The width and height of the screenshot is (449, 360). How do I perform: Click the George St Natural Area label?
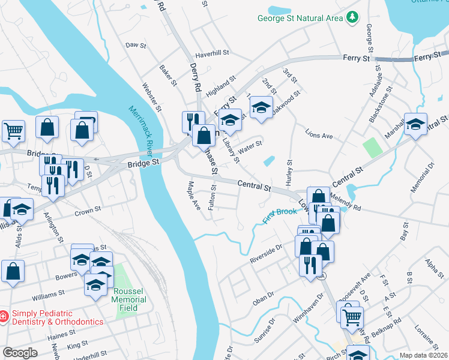tap(300, 18)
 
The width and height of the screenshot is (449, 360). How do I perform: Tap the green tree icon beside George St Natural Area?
tap(352, 18)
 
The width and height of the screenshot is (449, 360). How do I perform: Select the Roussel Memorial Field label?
tap(129, 299)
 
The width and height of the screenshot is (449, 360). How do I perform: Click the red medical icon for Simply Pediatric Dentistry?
tap(4, 315)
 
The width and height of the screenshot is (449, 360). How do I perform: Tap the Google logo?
tap(20, 352)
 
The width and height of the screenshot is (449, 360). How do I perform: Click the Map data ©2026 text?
tap(423, 355)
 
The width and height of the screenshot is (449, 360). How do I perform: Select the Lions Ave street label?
tap(319, 136)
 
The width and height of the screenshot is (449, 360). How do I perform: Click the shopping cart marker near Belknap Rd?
tap(352, 316)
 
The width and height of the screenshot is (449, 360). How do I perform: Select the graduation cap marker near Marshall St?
tap(415, 124)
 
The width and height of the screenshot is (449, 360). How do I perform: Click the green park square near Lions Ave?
tap(372, 148)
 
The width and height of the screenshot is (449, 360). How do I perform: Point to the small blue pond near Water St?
tap(269, 161)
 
